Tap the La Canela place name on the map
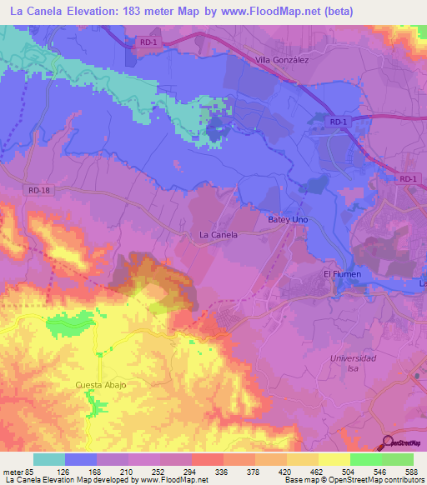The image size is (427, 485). (219, 235)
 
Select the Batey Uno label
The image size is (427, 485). (288, 219)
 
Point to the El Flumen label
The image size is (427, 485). (340, 274)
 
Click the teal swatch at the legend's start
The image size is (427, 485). (49, 459)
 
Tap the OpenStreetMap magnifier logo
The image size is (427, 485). (389, 442)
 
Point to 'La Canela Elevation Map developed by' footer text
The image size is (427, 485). (71, 480)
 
